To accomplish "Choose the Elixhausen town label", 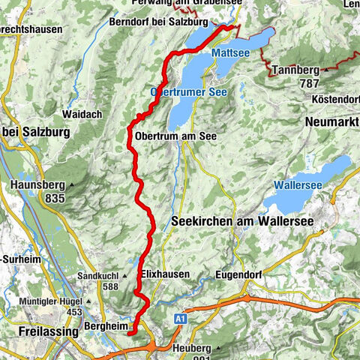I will pyautogui.click(x=163, y=274).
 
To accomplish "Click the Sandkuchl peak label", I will pyautogui.click(x=103, y=275).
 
